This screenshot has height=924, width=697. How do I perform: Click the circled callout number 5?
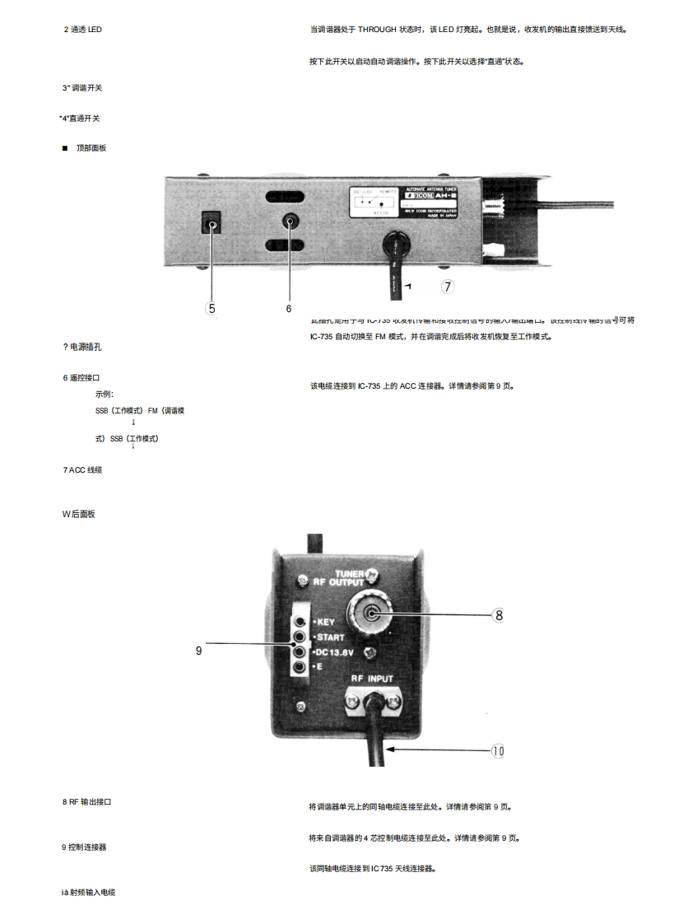tap(212, 309)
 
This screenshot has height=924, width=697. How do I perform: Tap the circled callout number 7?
tap(448, 287)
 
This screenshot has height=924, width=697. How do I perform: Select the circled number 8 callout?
tap(498, 614)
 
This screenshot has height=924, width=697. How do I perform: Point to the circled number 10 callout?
tap(498, 750)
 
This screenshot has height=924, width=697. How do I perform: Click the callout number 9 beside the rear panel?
tap(198, 650)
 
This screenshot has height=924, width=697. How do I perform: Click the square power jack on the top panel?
tap(212, 222)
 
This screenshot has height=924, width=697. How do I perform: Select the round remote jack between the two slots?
tap(290, 221)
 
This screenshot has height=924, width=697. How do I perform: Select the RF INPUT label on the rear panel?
tap(372, 679)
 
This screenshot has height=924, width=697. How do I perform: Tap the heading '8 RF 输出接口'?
tap(86, 801)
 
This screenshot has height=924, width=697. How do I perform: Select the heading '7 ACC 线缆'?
tap(82, 469)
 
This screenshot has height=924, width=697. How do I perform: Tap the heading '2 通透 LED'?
tap(83, 30)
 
